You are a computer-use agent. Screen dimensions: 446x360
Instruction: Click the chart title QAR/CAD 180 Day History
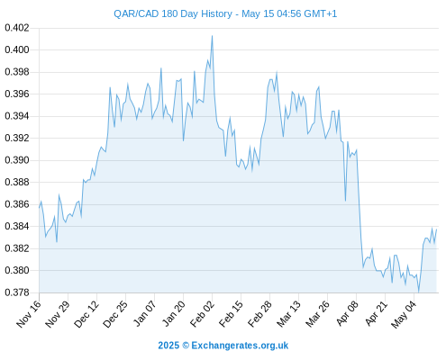[x=173, y=13]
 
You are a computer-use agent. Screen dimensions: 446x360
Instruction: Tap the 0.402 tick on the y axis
[x=17, y=28]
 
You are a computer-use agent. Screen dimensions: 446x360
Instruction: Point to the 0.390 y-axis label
[x=17, y=160]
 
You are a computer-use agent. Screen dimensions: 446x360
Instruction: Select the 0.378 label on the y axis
[x=17, y=292]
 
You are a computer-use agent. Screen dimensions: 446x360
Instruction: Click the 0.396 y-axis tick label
[x=17, y=94]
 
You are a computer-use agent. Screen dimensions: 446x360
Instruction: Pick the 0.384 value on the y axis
[x=17, y=226]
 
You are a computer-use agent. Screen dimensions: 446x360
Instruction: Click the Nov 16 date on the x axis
[x=29, y=314]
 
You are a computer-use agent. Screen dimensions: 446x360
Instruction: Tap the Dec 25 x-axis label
[x=115, y=314]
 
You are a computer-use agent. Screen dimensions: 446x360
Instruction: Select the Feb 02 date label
[x=202, y=314]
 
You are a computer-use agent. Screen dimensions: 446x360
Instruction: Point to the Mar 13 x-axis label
[x=288, y=314]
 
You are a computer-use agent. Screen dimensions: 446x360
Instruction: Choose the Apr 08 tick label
[x=346, y=314]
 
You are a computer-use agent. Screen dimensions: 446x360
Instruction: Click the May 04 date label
[x=404, y=314]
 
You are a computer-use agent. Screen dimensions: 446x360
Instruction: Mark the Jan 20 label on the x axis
[x=173, y=314]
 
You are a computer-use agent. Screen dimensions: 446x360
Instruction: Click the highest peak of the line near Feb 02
[x=213, y=36]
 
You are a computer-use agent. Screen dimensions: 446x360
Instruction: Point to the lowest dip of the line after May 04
[x=418, y=292]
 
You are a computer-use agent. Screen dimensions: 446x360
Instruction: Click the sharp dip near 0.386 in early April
[x=345, y=201]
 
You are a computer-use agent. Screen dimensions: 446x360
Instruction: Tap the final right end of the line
[x=436, y=229]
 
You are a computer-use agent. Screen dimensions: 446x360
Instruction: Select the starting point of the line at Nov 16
[x=39, y=208]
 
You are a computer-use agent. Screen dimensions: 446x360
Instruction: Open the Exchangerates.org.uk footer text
[x=240, y=346]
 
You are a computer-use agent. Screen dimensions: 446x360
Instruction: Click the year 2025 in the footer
[x=168, y=346]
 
